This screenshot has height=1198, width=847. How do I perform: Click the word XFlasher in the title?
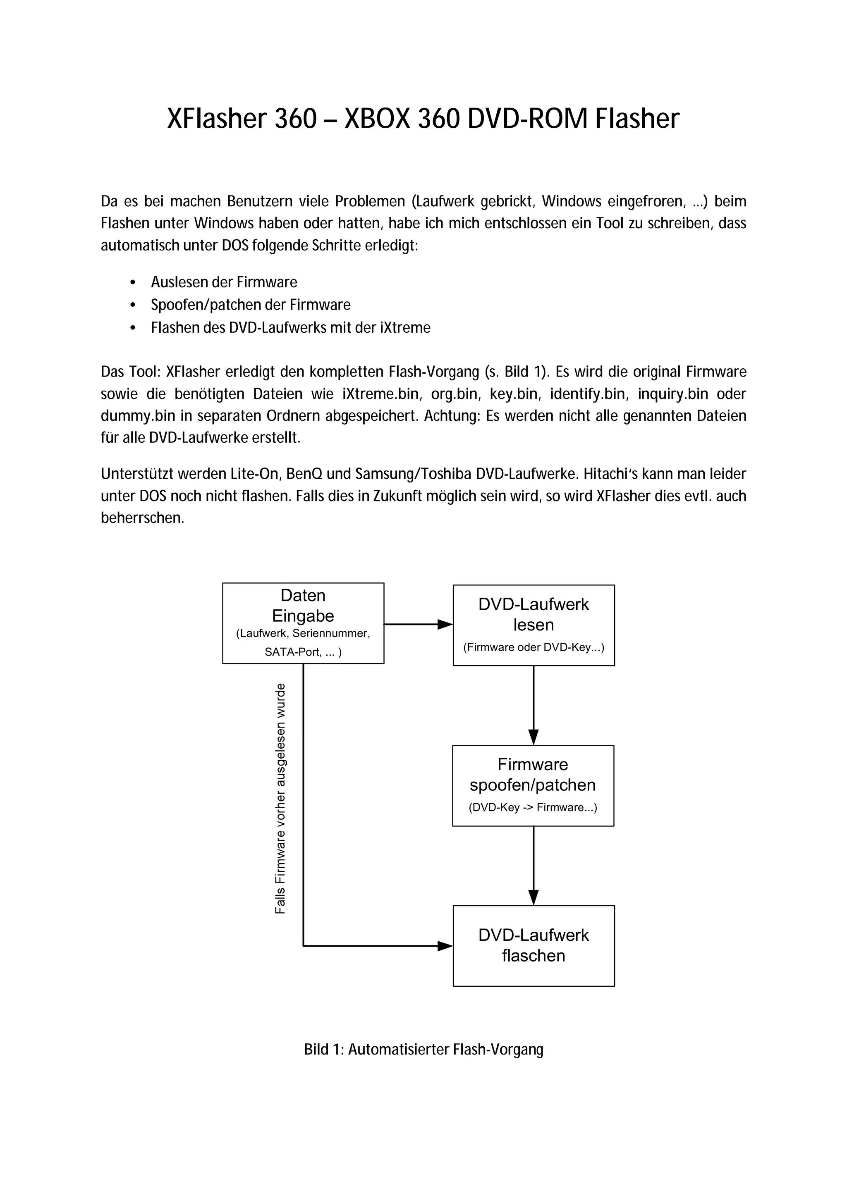(x=216, y=119)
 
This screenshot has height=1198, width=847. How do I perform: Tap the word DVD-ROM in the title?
(x=528, y=119)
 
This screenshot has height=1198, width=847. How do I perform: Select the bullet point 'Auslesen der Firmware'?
(x=224, y=282)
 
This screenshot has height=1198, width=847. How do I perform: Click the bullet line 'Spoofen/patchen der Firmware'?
(x=251, y=305)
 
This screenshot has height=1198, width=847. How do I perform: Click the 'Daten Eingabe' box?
(x=303, y=623)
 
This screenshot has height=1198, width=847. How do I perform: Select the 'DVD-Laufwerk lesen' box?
(x=534, y=625)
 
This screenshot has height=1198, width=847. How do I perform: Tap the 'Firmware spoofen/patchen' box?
(x=533, y=785)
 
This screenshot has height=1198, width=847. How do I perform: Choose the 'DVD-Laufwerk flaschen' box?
(x=534, y=945)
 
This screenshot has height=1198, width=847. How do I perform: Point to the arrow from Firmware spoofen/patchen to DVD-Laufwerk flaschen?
(x=534, y=866)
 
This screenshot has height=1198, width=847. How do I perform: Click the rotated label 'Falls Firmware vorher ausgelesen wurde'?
(x=280, y=798)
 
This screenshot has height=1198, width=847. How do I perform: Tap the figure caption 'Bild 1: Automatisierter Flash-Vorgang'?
(x=424, y=1049)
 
